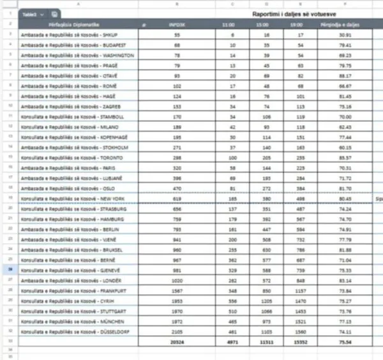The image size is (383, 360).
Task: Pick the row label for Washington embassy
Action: point(77,55)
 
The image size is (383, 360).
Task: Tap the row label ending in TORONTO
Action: point(71,158)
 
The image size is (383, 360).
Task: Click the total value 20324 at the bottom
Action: point(177,342)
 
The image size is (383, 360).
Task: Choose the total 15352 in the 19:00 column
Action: point(300,342)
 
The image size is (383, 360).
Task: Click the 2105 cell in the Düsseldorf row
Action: point(177,332)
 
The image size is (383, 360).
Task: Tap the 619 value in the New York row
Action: point(177,199)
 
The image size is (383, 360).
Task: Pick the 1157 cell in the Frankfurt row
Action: point(300,291)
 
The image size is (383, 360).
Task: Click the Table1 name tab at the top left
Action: point(29,13)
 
